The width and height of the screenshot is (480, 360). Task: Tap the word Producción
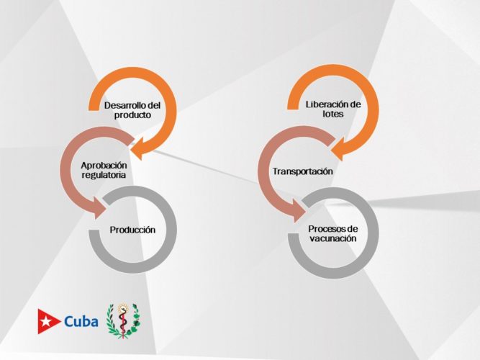coord(133,230)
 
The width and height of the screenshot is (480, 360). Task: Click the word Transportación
coord(302,171)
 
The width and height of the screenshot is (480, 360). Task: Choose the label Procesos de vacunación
coord(332,233)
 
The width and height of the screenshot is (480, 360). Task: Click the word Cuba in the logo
coord(81,321)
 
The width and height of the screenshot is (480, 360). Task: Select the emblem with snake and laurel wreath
coord(123,320)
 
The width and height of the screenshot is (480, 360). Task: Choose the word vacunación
coord(332,238)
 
